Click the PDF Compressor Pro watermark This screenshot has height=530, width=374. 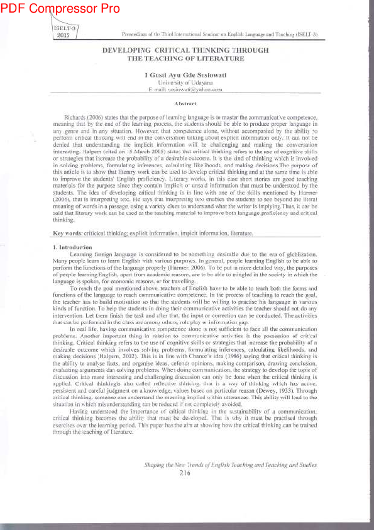60,8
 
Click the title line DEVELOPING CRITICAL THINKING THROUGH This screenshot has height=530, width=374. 185,50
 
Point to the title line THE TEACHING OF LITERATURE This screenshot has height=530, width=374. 185,58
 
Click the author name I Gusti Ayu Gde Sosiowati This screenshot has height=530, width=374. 185,75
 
